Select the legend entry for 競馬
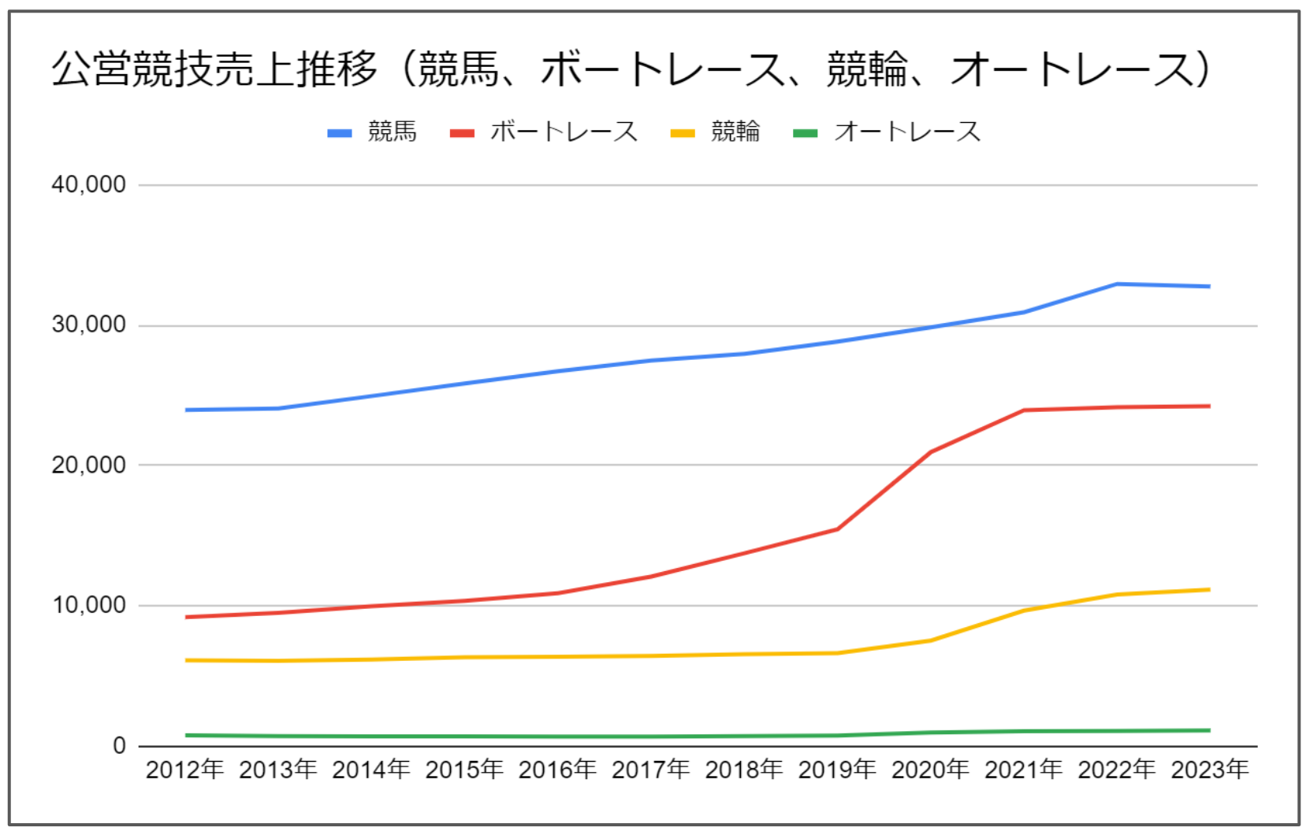pos(372,132)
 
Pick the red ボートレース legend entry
pos(544,132)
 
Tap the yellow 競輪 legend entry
pos(716,132)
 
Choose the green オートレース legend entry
pos(887,132)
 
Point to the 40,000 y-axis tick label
pos(88,184)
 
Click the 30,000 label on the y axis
pos(88,325)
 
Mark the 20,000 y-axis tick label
pos(88,465)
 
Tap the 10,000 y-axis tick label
pos(88,605)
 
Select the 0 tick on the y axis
pos(119,745)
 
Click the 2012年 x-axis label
pos(185,770)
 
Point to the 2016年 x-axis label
pos(557,770)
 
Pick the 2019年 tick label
pos(837,770)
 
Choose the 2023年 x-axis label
pos(1210,770)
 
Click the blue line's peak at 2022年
pos(1117,284)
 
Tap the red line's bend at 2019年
pos(837,529)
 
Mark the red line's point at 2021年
pos(1024,410)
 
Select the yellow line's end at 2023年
pos(1210,589)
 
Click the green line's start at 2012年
pos(186,735)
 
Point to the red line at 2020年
pos(931,452)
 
